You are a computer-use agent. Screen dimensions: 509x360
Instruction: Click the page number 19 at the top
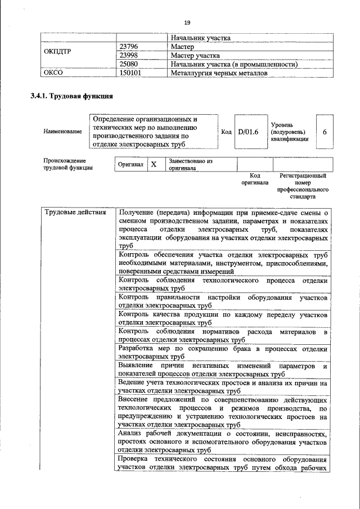(x=187, y=22)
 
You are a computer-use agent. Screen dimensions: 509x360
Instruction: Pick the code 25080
(x=129, y=64)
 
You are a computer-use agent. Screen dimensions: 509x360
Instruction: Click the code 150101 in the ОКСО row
(x=130, y=73)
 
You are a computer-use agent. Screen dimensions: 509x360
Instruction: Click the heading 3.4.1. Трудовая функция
(x=72, y=96)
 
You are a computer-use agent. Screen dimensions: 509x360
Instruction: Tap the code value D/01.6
(x=248, y=132)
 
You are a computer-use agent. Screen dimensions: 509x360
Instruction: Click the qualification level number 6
(x=325, y=132)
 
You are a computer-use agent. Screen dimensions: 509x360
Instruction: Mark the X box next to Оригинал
(x=153, y=164)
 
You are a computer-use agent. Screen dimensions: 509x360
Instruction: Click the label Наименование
(x=62, y=132)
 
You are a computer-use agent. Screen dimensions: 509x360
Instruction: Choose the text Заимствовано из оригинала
(x=190, y=164)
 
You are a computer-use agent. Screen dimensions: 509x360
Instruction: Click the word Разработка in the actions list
(x=139, y=349)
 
